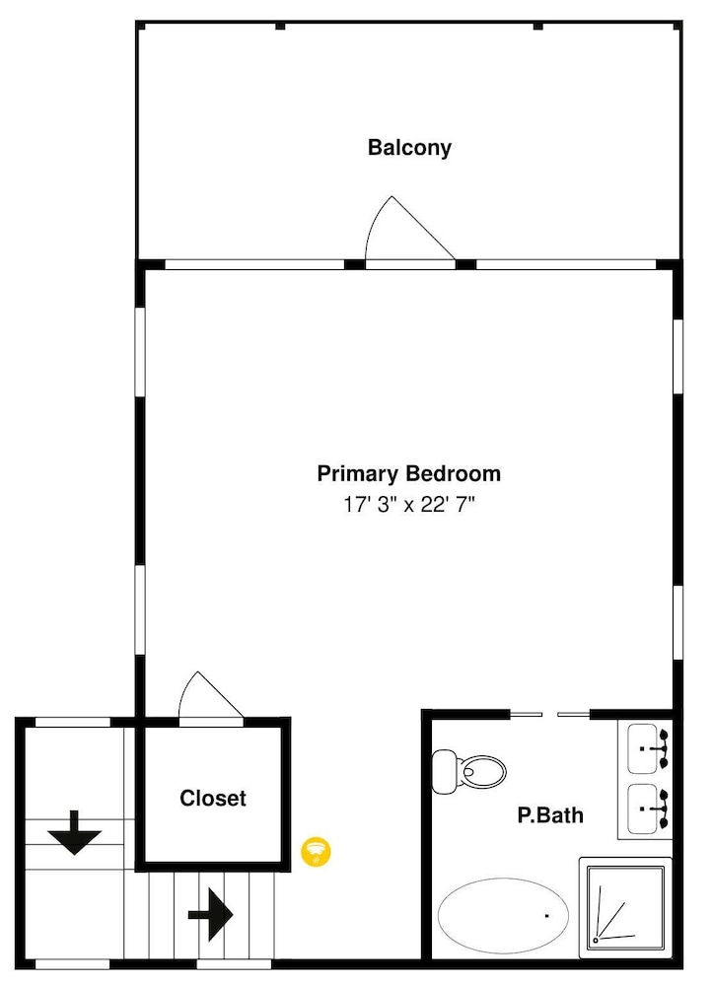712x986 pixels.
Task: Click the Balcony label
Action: tap(409, 148)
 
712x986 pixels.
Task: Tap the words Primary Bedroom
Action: tap(409, 473)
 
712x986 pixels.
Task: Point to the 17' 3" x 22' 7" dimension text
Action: tap(409, 504)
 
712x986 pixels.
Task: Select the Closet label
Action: tap(213, 798)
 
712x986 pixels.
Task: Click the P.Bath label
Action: tap(550, 815)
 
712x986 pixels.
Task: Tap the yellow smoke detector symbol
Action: tap(316, 852)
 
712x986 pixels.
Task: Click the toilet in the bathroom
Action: tap(468, 771)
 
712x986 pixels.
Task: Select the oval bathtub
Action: tap(503, 914)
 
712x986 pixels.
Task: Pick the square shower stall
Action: tap(625, 907)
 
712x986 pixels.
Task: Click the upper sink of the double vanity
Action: tap(648, 749)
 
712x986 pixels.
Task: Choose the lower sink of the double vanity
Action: tap(648, 809)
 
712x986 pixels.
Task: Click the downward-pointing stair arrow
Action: tap(75, 833)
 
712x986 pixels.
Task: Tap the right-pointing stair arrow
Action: tap(211, 914)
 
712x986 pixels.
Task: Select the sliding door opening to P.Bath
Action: tap(549, 714)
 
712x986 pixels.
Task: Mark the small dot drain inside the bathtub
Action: tap(546, 916)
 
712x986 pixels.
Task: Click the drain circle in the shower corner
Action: tap(596, 941)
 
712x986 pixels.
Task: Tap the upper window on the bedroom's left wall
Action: tap(140, 352)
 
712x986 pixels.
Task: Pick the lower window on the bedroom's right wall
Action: tap(678, 622)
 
